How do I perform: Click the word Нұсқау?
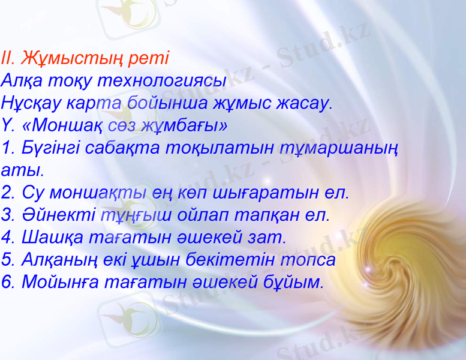[x=31, y=102]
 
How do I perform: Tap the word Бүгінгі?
[x=49, y=148]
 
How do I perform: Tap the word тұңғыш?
[x=131, y=214]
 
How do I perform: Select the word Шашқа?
[x=52, y=237]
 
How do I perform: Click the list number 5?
[x=7, y=259]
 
